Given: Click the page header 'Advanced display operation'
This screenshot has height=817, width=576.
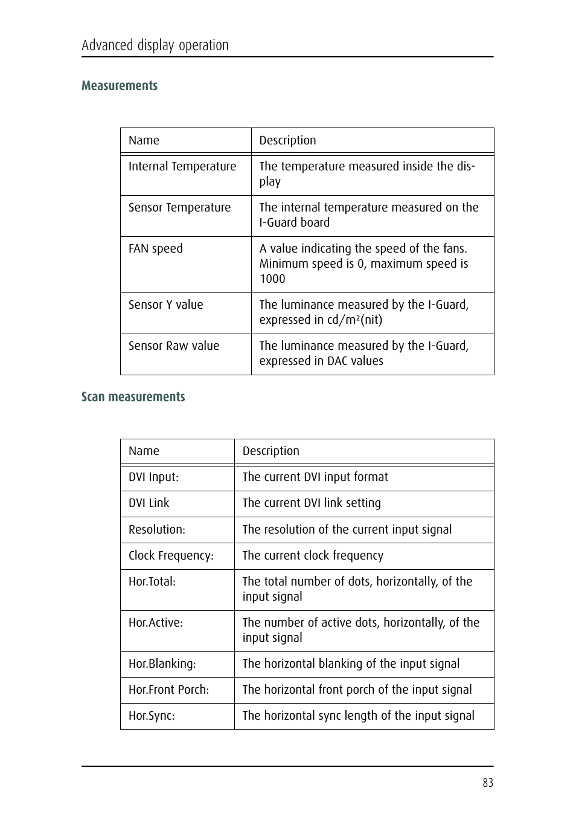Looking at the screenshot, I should (155, 45).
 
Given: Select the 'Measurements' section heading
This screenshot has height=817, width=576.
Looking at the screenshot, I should (120, 86).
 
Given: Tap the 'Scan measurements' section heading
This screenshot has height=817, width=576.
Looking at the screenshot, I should (133, 397).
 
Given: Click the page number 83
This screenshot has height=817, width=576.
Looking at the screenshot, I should (488, 783).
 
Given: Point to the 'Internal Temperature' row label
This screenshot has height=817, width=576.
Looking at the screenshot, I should (182, 167).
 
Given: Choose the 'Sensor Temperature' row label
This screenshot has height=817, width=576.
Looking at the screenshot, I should (179, 208).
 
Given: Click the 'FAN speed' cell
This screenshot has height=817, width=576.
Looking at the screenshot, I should (156, 249).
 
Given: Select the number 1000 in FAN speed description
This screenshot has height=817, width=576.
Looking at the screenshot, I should (272, 279).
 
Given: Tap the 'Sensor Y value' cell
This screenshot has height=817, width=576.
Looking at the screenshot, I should (166, 305).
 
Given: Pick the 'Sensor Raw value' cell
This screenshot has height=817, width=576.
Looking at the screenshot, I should (174, 346).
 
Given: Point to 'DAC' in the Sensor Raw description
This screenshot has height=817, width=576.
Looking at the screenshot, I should (339, 361).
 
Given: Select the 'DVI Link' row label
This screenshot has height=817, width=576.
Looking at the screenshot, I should (149, 503).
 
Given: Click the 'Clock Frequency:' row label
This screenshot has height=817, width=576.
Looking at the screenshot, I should (171, 556).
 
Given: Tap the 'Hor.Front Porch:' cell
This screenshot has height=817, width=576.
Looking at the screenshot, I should (169, 690).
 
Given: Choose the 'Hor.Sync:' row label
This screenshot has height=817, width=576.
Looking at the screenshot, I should (152, 716).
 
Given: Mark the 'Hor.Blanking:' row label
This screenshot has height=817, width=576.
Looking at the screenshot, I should (162, 664).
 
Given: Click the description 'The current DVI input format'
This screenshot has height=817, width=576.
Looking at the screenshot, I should (315, 477).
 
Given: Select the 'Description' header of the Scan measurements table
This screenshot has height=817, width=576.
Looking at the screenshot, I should (271, 451).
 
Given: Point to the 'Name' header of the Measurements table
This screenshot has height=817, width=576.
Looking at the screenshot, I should (144, 141).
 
